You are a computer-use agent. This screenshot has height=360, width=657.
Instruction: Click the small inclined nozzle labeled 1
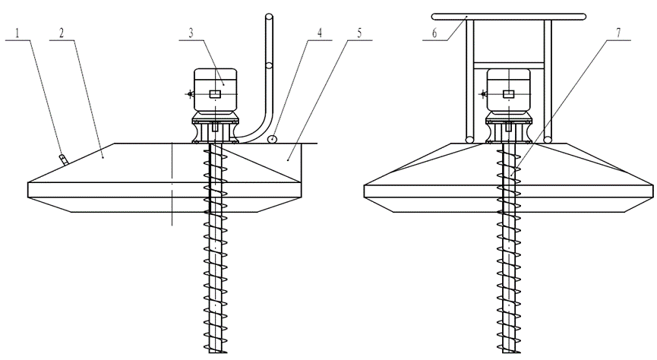(62, 158)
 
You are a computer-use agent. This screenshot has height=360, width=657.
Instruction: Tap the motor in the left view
(215, 93)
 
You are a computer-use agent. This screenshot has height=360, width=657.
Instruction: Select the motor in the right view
(507, 93)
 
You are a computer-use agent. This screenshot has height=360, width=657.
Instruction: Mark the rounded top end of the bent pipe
(268, 17)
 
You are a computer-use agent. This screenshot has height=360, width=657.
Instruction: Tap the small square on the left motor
(215, 93)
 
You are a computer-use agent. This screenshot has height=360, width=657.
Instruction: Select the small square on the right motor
(507, 93)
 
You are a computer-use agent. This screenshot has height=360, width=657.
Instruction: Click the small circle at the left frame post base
(469, 139)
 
